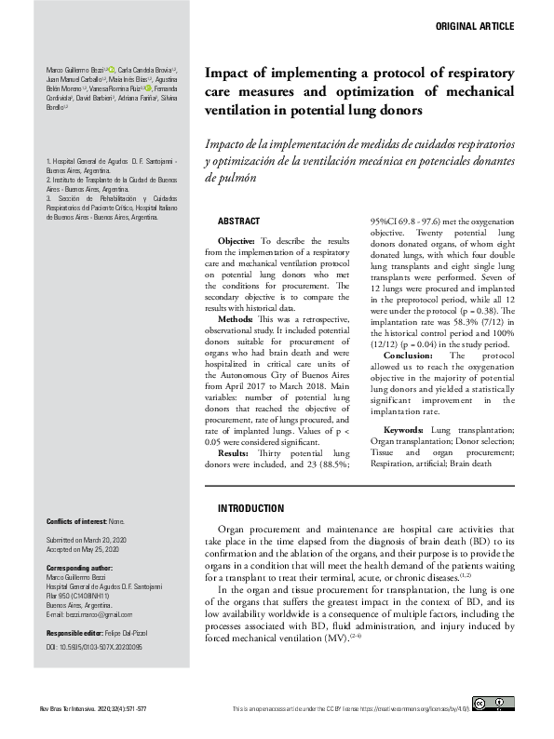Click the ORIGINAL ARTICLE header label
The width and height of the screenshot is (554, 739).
coord(474,27)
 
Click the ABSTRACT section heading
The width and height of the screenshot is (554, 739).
coord(238,222)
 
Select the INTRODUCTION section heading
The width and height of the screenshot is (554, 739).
coord(250,509)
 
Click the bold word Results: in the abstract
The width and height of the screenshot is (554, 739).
coord(237,452)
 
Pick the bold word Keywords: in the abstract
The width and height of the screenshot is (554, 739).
coord(404,429)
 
